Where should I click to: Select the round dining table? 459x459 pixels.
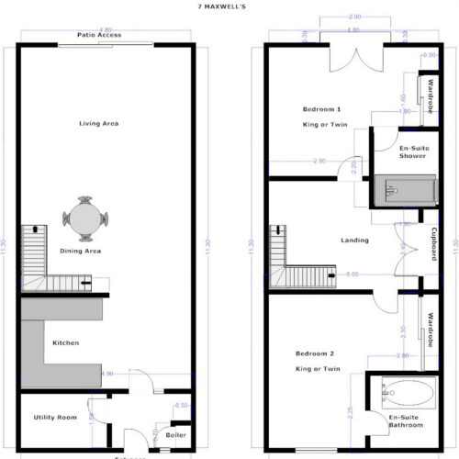pos(84,219)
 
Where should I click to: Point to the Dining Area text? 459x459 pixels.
pos(81,251)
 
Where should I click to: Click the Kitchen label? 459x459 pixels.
pos(65,343)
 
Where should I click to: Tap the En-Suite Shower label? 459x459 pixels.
pos(412,151)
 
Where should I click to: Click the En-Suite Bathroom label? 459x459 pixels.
pos(404,421)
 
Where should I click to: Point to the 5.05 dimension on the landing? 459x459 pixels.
pos(353,274)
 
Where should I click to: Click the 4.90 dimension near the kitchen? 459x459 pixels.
pos(106,374)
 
